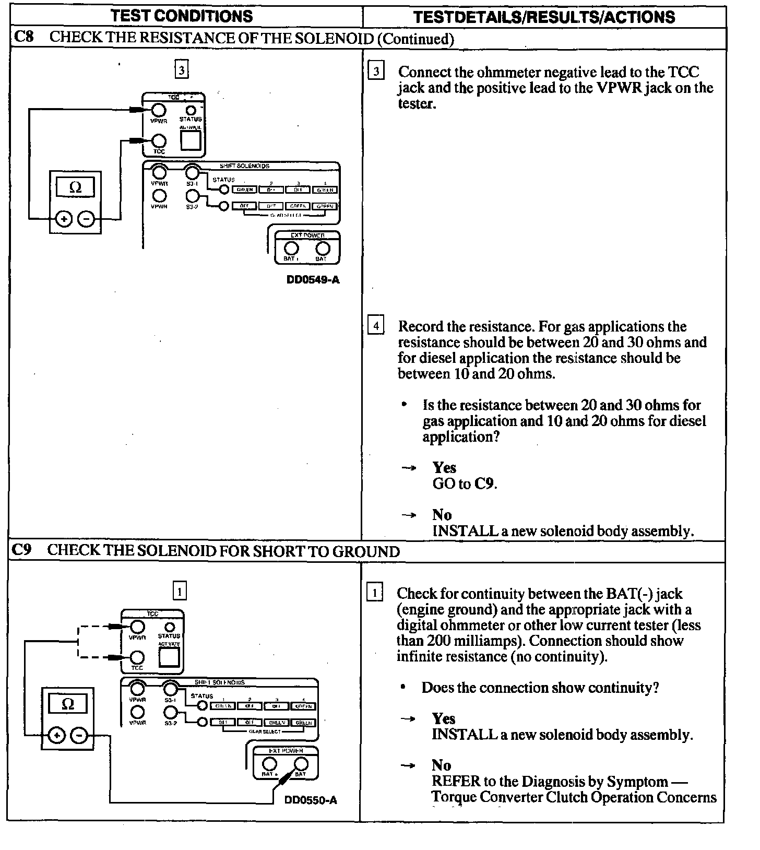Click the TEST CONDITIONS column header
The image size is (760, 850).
(x=182, y=16)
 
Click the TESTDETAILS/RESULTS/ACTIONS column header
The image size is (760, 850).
(x=544, y=17)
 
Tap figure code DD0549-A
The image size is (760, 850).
(x=313, y=280)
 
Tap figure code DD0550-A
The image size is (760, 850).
(x=311, y=800)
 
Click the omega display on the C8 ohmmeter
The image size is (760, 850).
(x=76, y=187)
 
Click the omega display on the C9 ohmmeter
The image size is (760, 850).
(x=68, y=704)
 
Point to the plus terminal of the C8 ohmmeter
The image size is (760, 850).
(x=64, y=219)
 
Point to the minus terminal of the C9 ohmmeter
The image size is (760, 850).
(x=79, y=736)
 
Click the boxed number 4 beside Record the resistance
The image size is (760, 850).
(x=376, y=326)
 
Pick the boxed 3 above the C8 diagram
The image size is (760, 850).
(x=181, y=69)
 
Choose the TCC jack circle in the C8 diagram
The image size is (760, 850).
(x=159, y=141)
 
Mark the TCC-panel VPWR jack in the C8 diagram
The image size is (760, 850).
(x=159, y=110)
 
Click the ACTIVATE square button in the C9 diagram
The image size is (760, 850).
(x=169, y=658)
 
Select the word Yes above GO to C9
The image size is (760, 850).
(x=444, y=467)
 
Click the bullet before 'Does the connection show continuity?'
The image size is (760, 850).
(x=403, y=688)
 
